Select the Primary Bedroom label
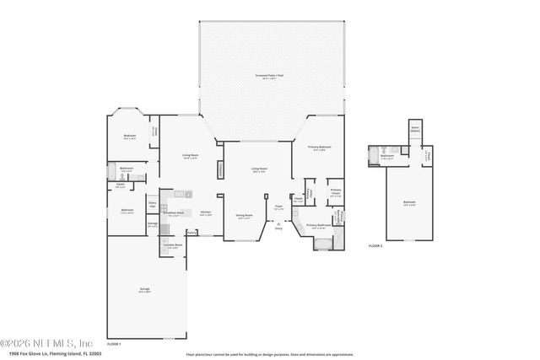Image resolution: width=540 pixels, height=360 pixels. [319, 148]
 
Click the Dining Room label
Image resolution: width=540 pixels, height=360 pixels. [244, 216]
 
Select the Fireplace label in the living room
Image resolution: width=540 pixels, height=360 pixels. [221, 169]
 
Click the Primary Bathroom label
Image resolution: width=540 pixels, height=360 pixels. [317, 226]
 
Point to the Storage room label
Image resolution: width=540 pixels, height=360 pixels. [153, 225]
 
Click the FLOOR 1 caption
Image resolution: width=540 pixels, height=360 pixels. [115, 344]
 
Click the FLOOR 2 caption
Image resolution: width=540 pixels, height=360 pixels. [375, 244]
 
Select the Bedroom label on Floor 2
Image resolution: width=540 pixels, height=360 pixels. [408, 203]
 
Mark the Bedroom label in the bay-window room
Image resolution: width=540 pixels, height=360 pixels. [130, 137]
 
